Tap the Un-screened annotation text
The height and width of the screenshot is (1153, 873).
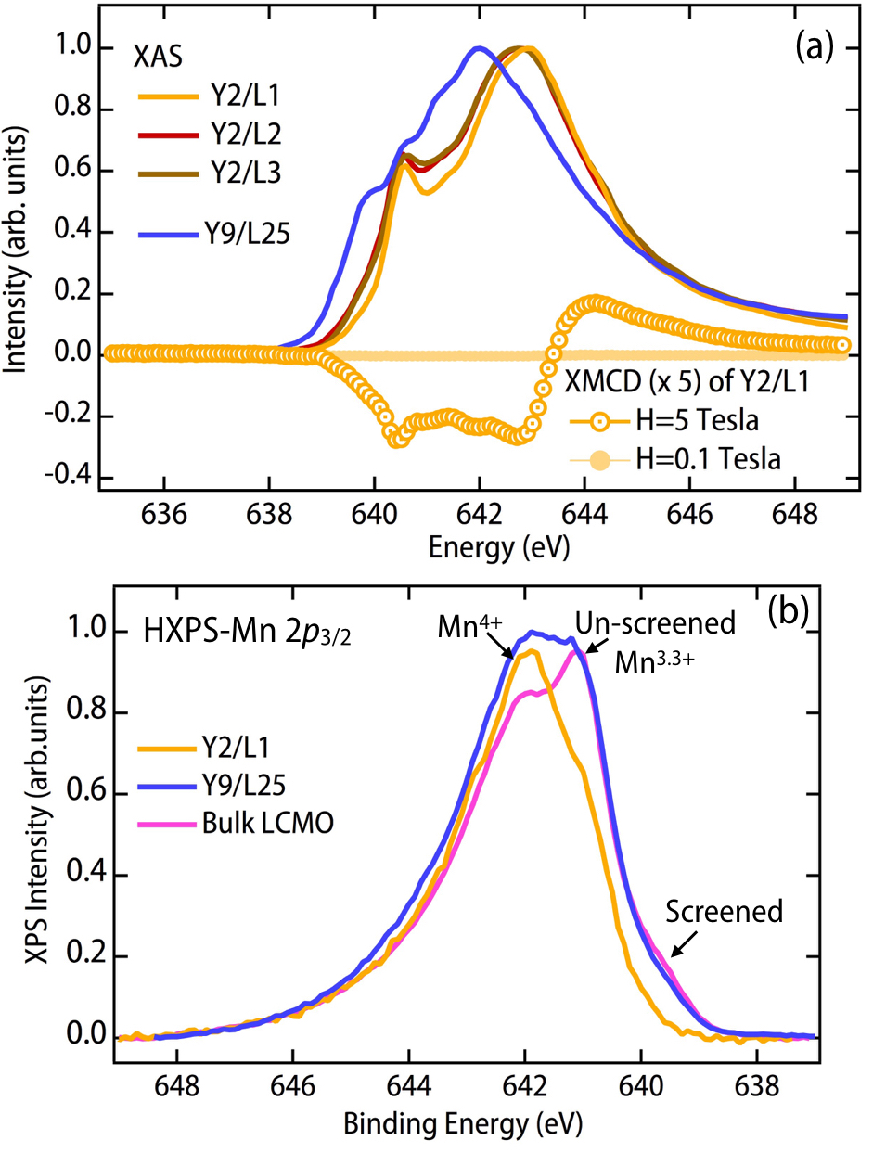[654, 622]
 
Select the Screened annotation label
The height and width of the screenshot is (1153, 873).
[724, 911]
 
